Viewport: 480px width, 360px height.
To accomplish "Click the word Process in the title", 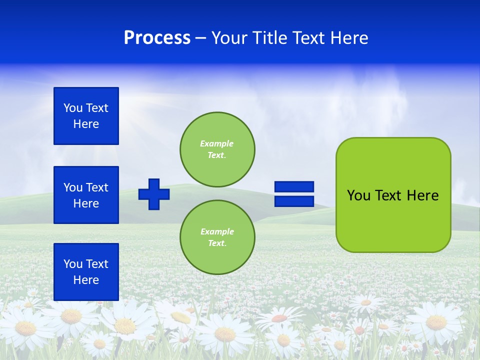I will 157,38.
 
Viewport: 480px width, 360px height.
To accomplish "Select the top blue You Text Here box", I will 86,116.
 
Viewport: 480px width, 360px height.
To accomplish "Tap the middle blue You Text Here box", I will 86,195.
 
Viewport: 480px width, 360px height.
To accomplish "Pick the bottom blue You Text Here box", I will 86,272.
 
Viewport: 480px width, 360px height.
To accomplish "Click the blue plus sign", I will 154,194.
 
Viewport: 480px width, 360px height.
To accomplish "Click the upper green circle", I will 217,149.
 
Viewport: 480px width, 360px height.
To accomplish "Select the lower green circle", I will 217,237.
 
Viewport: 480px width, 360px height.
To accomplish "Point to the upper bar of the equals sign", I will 294,187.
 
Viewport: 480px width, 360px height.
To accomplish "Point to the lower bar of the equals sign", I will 294,201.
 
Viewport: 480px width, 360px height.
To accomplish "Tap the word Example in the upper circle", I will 216,143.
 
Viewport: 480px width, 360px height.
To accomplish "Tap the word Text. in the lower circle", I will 217,243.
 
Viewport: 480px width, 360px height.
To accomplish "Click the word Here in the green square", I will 422,195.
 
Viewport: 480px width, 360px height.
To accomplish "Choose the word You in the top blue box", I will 73,108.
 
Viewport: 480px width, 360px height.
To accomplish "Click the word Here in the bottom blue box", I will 86,280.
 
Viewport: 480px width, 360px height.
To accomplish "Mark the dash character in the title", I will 200,38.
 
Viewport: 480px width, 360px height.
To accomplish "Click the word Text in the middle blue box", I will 97,187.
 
